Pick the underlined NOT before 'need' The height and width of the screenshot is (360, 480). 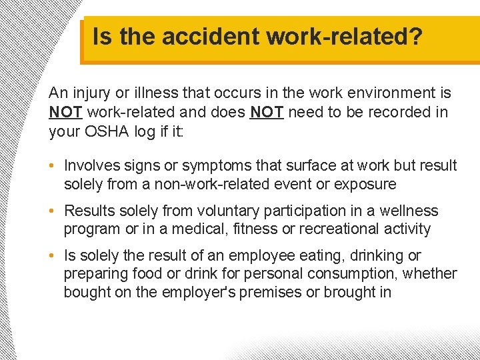click(267, 112)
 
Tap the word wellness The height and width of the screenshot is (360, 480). click(409, 211)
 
